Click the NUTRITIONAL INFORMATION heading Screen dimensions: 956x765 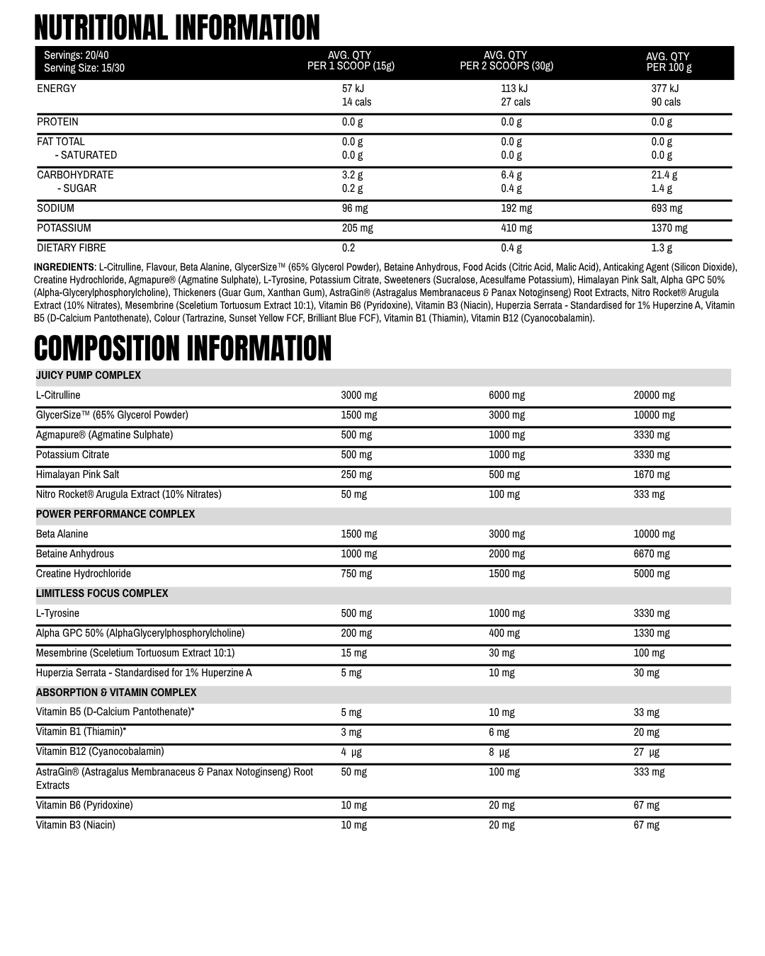point(177,28)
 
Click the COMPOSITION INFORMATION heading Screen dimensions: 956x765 point(183,348)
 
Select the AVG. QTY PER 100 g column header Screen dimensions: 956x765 point(668,62)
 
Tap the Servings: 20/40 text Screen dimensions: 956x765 point(76,55)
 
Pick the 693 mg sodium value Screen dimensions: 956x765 point(667,208)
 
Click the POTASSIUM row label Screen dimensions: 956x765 point(64,228)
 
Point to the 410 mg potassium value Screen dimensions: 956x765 point(516,228)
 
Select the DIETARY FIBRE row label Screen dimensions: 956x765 point(72,248)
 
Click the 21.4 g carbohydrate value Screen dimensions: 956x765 point(664,175)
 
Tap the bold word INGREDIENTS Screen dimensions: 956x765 point(64,267)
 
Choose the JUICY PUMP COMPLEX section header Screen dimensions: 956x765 point(89,375)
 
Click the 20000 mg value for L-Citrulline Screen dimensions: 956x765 point(654,395)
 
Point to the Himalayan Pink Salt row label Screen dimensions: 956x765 point(78,474)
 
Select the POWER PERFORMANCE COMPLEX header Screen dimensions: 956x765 point(115,514)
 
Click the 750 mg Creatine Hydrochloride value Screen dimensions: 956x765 point(356,574)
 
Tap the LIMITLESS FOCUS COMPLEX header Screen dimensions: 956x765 point(102,593)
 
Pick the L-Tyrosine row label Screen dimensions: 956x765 point(58,613)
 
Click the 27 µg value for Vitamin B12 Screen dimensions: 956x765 point(646,752)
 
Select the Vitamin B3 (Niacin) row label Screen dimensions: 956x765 point(76,825)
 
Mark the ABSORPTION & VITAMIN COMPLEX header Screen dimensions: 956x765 point(116,693)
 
